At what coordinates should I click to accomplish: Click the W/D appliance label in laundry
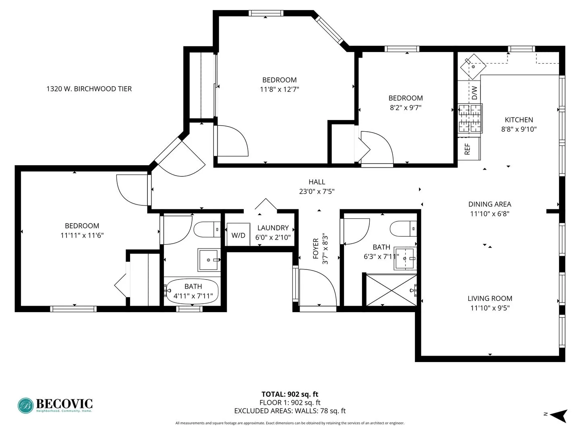[238, 235]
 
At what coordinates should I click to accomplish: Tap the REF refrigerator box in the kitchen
[468, 149]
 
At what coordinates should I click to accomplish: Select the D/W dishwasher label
[474, 93]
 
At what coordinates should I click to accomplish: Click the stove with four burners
[470, 118]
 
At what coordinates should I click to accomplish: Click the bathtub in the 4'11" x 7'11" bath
[193, 290]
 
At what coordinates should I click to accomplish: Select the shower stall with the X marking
[391, 290]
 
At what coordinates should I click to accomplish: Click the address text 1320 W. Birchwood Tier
[89, 89]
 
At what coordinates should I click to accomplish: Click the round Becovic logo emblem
[26, 406]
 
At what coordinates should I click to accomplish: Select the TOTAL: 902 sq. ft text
[290, 394]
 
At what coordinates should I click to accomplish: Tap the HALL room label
[317, 182]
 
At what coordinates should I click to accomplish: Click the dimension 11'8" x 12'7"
[279, 89]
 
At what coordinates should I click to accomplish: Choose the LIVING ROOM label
[490, 298]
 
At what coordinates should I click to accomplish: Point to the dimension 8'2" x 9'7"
[405, 108]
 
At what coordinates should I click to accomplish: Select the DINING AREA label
[489, 204]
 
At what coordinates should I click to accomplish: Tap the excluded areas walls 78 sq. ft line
[290, 411]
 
